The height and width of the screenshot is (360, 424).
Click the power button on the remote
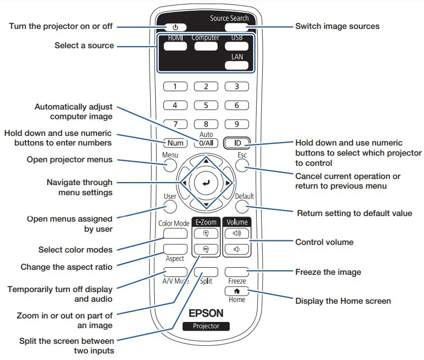175,27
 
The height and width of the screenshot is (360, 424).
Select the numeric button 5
206,106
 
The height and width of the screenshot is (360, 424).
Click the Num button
175,143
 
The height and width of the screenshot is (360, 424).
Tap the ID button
237,143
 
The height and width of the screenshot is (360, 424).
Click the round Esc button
241,165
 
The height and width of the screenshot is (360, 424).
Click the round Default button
241,206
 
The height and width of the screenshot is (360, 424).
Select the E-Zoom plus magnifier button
206,234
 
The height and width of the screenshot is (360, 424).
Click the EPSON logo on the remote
206,313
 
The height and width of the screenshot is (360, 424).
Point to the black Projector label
206,326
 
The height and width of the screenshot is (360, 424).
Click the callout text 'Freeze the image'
328,272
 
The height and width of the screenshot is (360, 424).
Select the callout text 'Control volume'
324,242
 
